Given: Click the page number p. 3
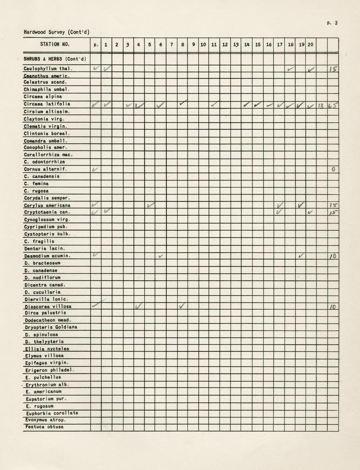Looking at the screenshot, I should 332,23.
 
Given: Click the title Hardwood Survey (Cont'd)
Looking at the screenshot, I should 56,32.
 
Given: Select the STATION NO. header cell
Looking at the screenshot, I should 55,44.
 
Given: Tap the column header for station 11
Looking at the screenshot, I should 214,45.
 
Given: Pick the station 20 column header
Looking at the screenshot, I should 310,45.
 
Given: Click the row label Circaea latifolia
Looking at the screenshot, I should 47,104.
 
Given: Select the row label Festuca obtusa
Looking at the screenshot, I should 44,427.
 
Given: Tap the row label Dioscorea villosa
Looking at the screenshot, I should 48,306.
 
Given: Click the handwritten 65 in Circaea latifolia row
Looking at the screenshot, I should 333,106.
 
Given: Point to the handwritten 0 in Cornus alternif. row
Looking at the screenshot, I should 333,169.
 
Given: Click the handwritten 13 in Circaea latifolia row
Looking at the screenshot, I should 321,106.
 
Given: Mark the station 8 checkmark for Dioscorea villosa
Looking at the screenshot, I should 182,306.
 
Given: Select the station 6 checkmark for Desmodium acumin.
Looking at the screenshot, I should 161,256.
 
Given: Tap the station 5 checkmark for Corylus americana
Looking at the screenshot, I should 150,205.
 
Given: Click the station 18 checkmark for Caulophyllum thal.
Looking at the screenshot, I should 290,69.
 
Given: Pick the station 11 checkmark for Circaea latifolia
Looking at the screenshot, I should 214,104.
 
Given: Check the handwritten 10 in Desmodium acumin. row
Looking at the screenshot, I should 333,256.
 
